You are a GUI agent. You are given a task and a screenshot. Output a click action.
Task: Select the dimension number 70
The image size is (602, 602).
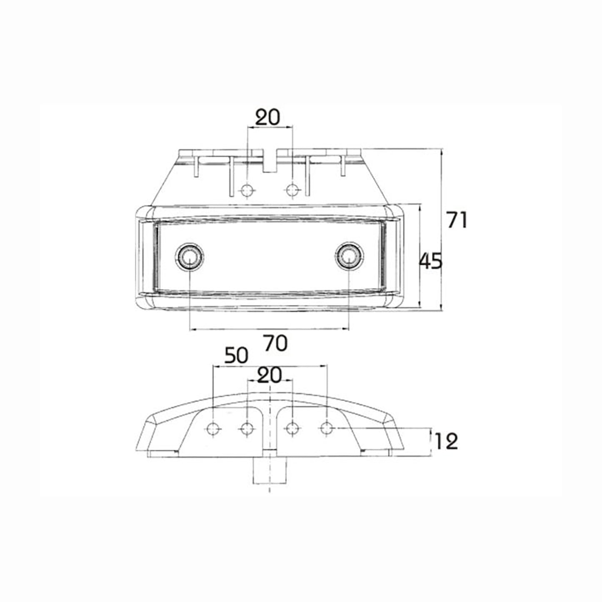click(x=275, y=343)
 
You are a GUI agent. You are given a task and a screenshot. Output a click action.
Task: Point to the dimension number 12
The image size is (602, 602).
click(x=446, y=441)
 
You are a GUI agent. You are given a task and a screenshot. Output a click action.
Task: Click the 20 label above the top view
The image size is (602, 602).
click(x=268, y=118)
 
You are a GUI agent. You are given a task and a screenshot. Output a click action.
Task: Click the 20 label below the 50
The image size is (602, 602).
click(x=270, y=376)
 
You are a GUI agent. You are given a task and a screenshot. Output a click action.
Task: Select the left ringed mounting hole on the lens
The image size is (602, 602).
click(x=190, y=257)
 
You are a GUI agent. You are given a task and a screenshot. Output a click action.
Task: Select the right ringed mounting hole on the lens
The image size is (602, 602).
click(x=348, y=257)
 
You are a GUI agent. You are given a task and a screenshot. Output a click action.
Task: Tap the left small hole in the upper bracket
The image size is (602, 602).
click(x=247, y=190)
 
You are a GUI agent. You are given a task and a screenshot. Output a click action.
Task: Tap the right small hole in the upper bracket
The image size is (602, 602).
click(x=293, y=190)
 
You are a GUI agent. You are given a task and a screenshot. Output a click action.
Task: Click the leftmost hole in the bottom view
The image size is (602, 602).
click(x=213, y=427)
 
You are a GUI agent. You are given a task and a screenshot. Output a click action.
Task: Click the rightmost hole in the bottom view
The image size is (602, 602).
click(x=327, y=427)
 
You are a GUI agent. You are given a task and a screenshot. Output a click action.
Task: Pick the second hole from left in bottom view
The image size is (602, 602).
click(x=247, y=427)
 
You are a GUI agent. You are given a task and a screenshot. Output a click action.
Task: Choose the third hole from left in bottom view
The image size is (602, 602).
click(x=293, y=427)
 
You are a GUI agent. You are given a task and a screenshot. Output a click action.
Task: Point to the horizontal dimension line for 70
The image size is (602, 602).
click(x=269, y=329)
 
